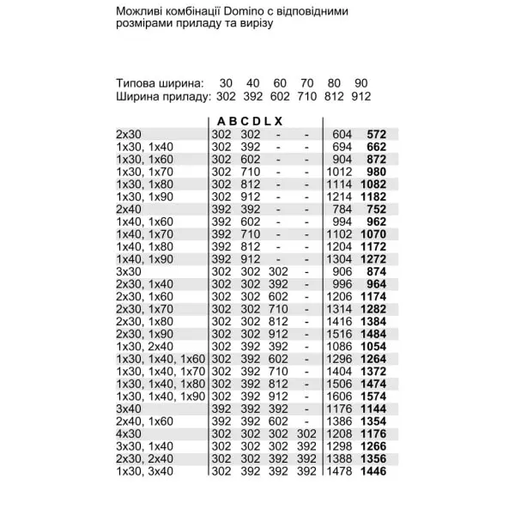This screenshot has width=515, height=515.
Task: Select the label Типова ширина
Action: pos(161,83)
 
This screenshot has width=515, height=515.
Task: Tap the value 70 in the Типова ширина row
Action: pos(306,83)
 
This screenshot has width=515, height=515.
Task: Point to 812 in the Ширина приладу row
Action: pos(334,96)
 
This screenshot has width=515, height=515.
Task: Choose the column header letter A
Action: pos(221,121)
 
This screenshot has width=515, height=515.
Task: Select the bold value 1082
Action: pos(373,184)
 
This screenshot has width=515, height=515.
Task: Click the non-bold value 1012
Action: pos(341,171)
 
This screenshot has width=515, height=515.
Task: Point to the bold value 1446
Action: pos(373,471)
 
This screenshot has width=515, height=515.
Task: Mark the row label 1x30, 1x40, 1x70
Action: pos(161,371)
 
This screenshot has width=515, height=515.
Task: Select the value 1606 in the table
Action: pos(341,396)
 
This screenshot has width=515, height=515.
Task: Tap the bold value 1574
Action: pos(373,396)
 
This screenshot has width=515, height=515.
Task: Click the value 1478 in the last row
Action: pos(341,471)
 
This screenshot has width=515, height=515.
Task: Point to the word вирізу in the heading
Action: pos(254,23)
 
